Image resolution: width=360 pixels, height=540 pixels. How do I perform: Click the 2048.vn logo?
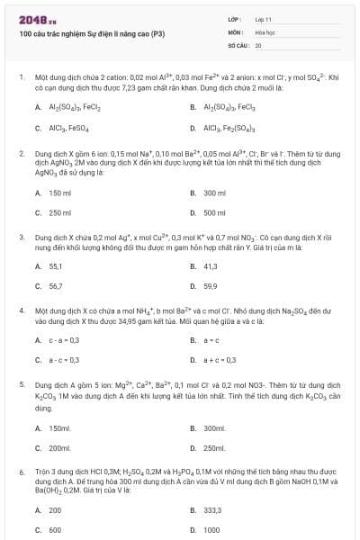point(32,20)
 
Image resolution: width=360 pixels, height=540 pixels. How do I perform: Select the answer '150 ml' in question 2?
point(59,193)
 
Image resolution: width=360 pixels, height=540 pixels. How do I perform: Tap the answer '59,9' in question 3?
point(211,286)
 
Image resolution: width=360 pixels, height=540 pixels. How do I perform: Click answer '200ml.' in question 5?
point(60,447)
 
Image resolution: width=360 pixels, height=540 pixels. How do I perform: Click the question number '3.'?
point(21,237)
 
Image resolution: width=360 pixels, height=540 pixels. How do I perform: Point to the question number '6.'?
point(21,471)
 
